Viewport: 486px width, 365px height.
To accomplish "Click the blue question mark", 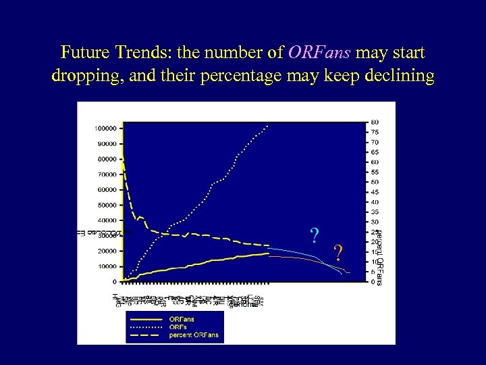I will pos(314,235).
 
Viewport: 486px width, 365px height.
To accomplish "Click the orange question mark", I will pos(339,252).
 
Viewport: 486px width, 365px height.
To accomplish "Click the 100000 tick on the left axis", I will pos(105,128).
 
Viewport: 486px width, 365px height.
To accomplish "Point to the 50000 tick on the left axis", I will pos(107,205).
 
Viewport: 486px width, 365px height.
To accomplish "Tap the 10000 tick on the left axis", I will pos(107,266).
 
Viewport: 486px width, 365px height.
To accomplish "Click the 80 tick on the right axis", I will pos(374,122).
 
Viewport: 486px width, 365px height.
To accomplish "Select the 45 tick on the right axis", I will pos(374,192).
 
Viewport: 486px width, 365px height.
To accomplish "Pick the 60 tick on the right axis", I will pos(374,162).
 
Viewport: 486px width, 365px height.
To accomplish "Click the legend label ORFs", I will pos(178,326).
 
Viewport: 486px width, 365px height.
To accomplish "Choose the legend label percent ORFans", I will pos(194,335).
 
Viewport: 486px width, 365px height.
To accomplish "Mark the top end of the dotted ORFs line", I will pos(268,125).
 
